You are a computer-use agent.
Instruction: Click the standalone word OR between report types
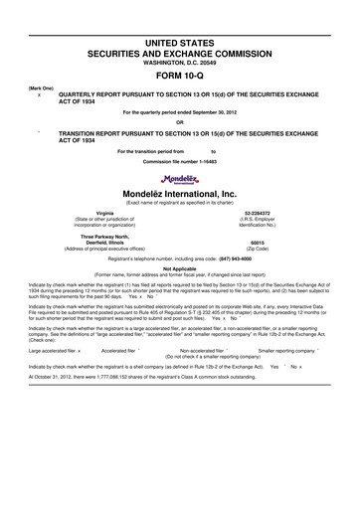(179, 123)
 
